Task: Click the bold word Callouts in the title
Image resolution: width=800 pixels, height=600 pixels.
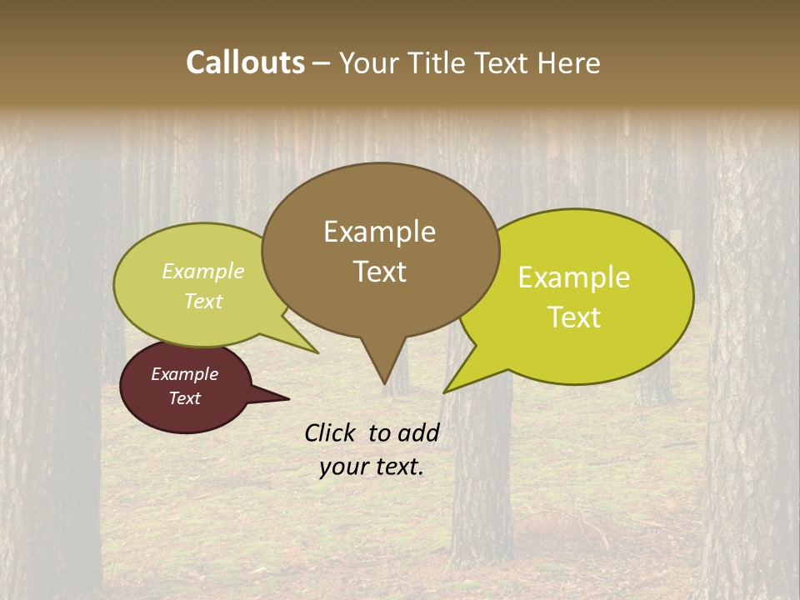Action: coord(245,62)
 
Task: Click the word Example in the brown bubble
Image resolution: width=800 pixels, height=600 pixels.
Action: coord(379,232)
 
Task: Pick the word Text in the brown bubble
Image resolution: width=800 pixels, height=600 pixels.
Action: coord(379,272)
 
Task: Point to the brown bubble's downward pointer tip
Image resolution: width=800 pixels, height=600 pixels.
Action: coord(384,382)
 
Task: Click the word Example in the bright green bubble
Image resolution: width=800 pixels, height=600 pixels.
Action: coord(574,277)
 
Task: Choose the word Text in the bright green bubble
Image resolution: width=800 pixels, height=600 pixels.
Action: coord(574,317)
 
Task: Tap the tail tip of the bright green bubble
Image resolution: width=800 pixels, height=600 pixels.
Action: coord(445,392)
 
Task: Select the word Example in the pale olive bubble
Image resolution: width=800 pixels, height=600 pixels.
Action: coord(203,271)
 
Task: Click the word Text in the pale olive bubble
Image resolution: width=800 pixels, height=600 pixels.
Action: coord(203,301)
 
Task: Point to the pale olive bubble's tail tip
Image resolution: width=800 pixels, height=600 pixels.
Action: coord(317,352)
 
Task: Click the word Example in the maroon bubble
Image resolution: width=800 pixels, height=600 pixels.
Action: coord(184,374)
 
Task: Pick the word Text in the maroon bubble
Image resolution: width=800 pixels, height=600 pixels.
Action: coord(184,398)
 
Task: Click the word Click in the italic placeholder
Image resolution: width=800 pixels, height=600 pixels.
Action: coord(331,432)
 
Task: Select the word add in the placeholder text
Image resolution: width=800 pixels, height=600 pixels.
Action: coord(418,432)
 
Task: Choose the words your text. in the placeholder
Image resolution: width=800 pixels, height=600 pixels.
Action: coord(372,467)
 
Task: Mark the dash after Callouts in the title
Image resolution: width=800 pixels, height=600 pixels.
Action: coord(322,62)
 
